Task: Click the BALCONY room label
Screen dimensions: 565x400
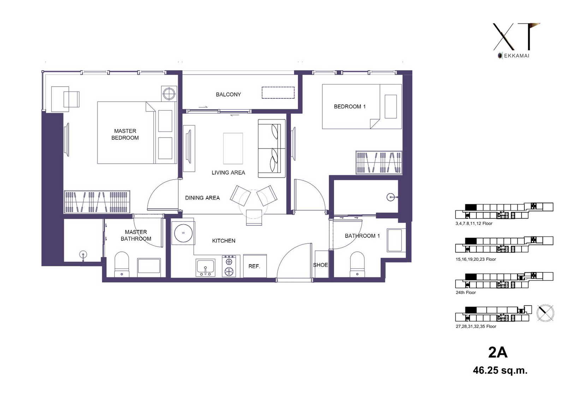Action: pyautogui.click(x=228, y=94)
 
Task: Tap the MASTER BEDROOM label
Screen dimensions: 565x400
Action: pyautogui.click(x=125, y=134)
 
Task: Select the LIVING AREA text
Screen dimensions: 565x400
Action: pyautogui.click(x=228, y=173)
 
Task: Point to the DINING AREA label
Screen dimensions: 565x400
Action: pyautogui.click(x=202, y=198)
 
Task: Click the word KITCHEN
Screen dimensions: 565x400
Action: pyautogui.click(x=224, y=241)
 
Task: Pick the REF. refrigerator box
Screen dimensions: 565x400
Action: pyautogui.click(x=255, y=266)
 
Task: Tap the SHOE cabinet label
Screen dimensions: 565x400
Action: pyautogui.click(x=320, y=265)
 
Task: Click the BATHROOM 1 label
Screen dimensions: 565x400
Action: pyautogui.click(x=362, y=236)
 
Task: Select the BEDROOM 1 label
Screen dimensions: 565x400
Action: pyautogui.click(x=350, y=107)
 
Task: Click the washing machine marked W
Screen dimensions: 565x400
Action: pyautogui.click(x=183, y=233)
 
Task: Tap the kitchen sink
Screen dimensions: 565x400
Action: pyautogui.click(x=206, y=268)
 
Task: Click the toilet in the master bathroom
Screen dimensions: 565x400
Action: pyautogui.click(x=122, y=264)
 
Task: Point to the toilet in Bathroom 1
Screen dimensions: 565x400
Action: pyautogui.click(x=357, y=264)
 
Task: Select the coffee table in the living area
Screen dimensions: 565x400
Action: pyautogui.click(x=233, y=149)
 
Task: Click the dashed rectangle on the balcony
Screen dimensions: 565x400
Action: pyautogui.click(x=278, y=92)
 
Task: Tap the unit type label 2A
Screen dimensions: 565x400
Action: pyautogui.click(x=498, y=353)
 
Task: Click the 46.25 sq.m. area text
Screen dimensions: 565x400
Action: pyautogui.click(x=500, y=370)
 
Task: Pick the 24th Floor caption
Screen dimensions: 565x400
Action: pyautogui.click(x=466, y=292)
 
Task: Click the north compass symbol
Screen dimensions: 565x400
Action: pyautogui.click(x=545, y=313)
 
